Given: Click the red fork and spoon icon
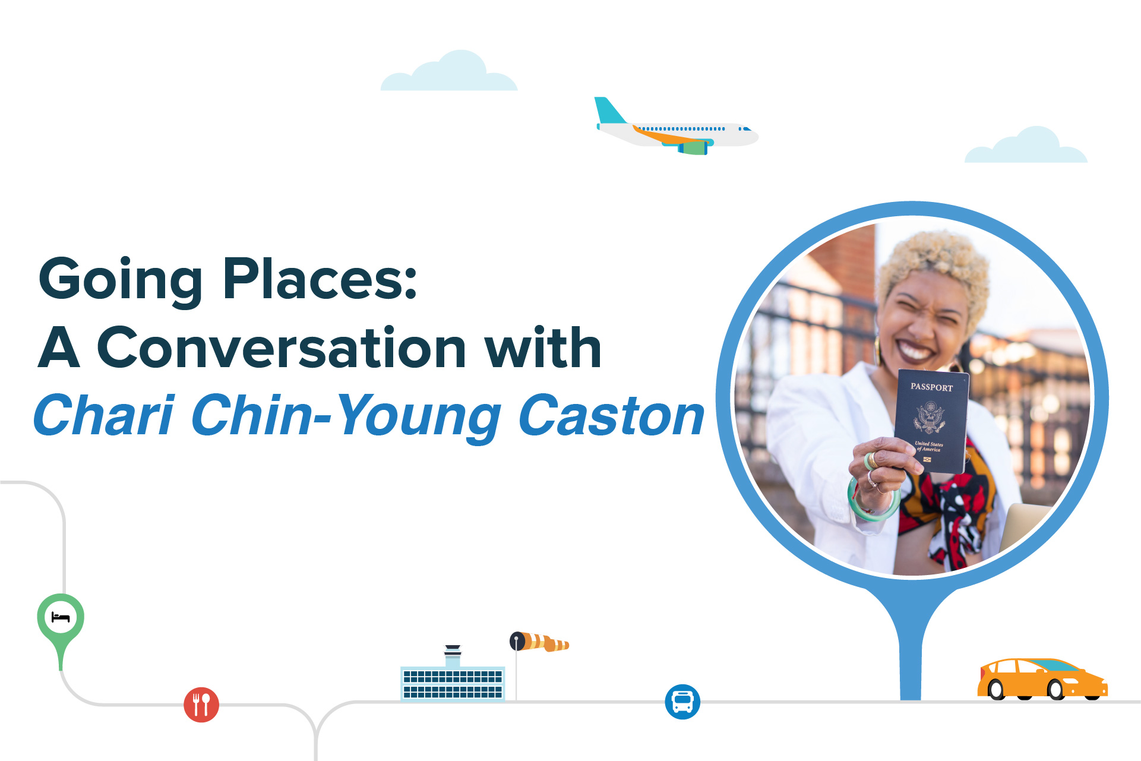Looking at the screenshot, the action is [201, 705].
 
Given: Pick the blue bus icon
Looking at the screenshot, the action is [682, 702].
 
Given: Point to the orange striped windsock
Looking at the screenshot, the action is [539, 642].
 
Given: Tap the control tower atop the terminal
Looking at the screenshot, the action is [453, 656].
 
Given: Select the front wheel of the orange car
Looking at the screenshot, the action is [1055, 689].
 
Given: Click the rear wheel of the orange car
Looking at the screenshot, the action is [996, 689].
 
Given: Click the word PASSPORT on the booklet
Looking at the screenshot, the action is [931, 387].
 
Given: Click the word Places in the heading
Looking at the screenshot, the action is [320, 278].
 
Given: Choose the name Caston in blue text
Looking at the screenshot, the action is [611, 415].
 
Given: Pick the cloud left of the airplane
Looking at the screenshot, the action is [449, 71].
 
